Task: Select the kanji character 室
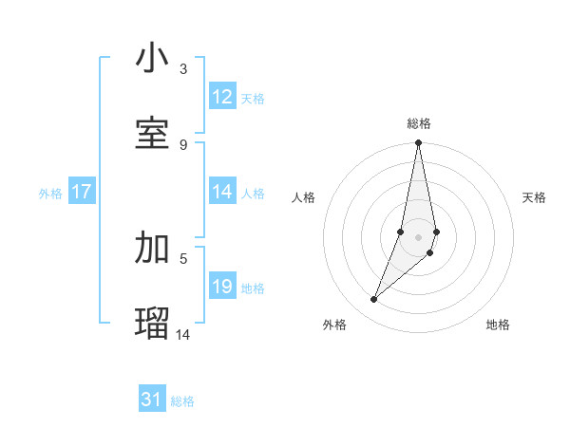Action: point(152,133)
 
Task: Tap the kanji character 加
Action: point(152,248)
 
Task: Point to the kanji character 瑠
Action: point(152,323)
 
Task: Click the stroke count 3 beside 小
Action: point(183,69)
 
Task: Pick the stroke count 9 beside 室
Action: point(183,144)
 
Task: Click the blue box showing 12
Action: point(222,97)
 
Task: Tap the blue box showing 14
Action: point(222,192)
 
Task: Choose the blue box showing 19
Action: point(222,287)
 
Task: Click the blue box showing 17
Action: point(81,192)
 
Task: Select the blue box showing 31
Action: point(152,400)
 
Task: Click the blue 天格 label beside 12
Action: point(253,99)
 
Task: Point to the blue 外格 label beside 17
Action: point(50,194)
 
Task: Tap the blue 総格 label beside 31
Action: point(182,401)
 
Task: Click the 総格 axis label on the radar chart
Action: point(419,123)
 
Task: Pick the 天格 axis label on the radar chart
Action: point(534,197)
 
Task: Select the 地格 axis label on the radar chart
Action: point(498,325)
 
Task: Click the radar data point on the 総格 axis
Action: point(418,143)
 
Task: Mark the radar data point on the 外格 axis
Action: point(374,300)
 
